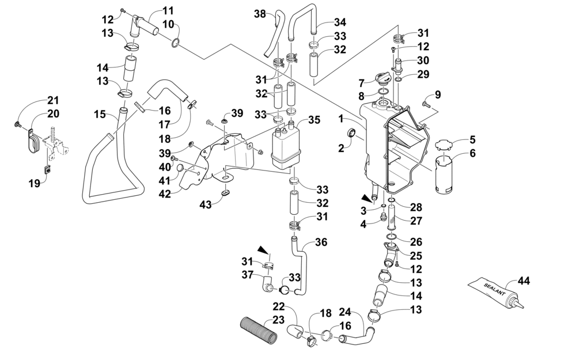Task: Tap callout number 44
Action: point(524,282)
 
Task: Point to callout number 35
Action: point(314,120)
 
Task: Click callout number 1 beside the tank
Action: point(340,119)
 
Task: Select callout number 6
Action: point(473,154)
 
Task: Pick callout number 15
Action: point(100,115)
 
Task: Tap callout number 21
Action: point(53,98)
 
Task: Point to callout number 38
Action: point(259,15)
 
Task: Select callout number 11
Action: point(168,10)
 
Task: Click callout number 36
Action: point(321,242)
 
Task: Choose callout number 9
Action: point(437,94)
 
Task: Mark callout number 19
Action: point(35,183)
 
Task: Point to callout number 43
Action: point(205,204)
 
